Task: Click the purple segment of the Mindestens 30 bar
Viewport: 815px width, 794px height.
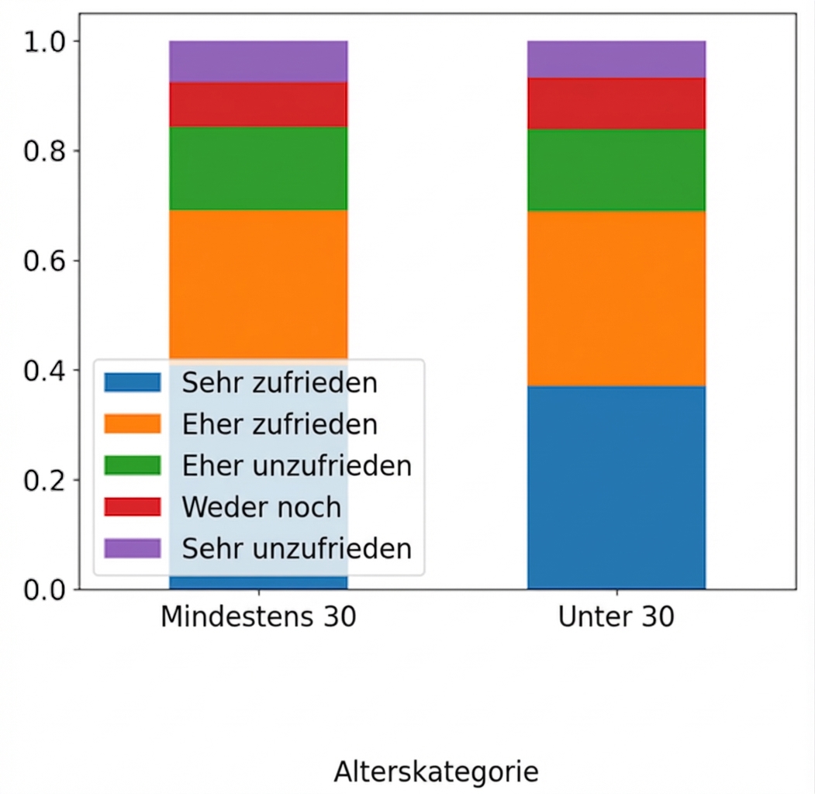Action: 258,61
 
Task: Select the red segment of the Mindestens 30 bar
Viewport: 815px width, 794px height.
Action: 258,104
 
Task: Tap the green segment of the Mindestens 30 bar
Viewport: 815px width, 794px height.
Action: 258,167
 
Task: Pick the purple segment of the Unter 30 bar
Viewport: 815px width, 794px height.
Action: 616,59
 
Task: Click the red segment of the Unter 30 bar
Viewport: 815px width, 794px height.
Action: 616,103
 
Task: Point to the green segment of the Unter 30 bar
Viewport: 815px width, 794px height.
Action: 616,170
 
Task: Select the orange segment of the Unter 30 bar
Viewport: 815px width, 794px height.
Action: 616,299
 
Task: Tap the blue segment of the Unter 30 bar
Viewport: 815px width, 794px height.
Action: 616,487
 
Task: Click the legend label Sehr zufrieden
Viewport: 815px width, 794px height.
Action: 279,383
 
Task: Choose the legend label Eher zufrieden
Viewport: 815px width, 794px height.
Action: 279,424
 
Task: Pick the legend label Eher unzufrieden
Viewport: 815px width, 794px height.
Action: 296,466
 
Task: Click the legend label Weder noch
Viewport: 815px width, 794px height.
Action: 261,507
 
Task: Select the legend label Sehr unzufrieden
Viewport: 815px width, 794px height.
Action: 296,548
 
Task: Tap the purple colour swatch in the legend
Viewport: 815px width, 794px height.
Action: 133,548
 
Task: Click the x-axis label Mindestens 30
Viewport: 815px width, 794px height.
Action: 258,618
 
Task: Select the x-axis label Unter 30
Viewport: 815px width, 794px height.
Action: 616,618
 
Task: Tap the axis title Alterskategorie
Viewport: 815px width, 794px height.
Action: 436,772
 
